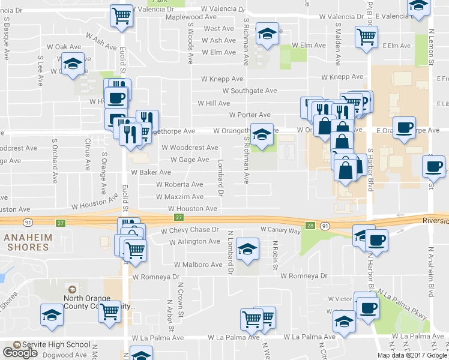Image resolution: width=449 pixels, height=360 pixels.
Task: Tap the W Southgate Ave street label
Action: tap(249, 91)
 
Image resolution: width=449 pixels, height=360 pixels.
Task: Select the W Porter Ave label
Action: tap(250, 115)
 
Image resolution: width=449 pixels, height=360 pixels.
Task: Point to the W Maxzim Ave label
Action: tap(179, 197)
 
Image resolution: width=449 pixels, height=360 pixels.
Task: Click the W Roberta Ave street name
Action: tap(179, 185)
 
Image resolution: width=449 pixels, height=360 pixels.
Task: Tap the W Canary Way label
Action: tap(280, 230)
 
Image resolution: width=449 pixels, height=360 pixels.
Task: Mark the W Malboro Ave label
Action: tap(198, 265)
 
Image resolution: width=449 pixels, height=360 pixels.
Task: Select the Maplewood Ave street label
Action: tap(191, 17)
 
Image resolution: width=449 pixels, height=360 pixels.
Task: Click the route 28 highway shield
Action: tap(310, 226)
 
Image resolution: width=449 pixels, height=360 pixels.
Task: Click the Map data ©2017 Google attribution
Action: tap(412, 355)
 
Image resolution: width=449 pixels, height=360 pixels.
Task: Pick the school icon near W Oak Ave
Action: tap(73, 64)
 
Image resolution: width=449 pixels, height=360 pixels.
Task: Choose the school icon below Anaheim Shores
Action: tap(52, 314)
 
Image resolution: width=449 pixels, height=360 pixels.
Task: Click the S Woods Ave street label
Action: tap(190, 48)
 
